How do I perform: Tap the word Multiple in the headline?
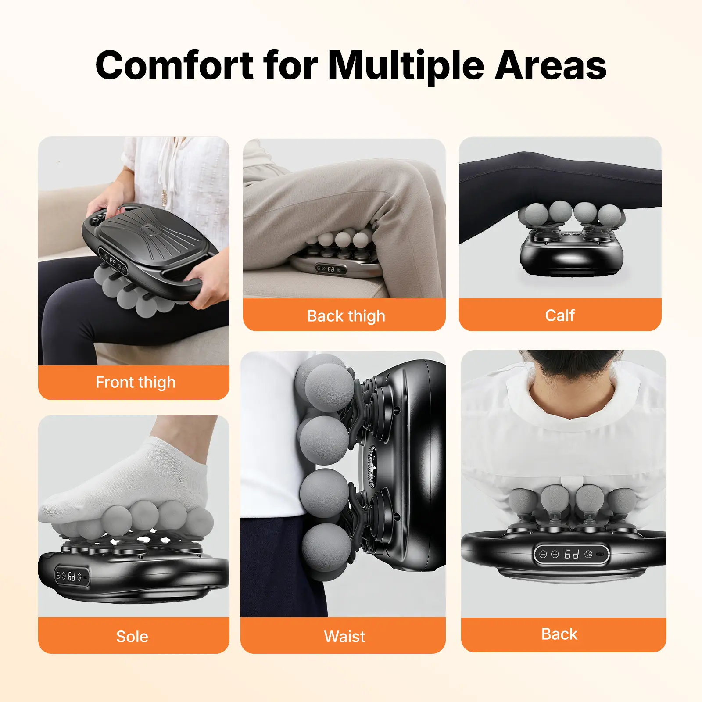(406, 66)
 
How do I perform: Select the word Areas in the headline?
(551, 65)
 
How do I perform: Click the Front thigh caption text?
(136, 383)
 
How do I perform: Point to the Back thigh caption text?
(346, 316)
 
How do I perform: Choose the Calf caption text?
(560, 315)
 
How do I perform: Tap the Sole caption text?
(132, 637)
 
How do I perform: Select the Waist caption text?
(344, 636)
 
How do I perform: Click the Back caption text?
(559, 634)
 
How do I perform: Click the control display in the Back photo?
(571, 555)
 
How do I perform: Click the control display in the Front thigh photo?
(113, 262)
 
